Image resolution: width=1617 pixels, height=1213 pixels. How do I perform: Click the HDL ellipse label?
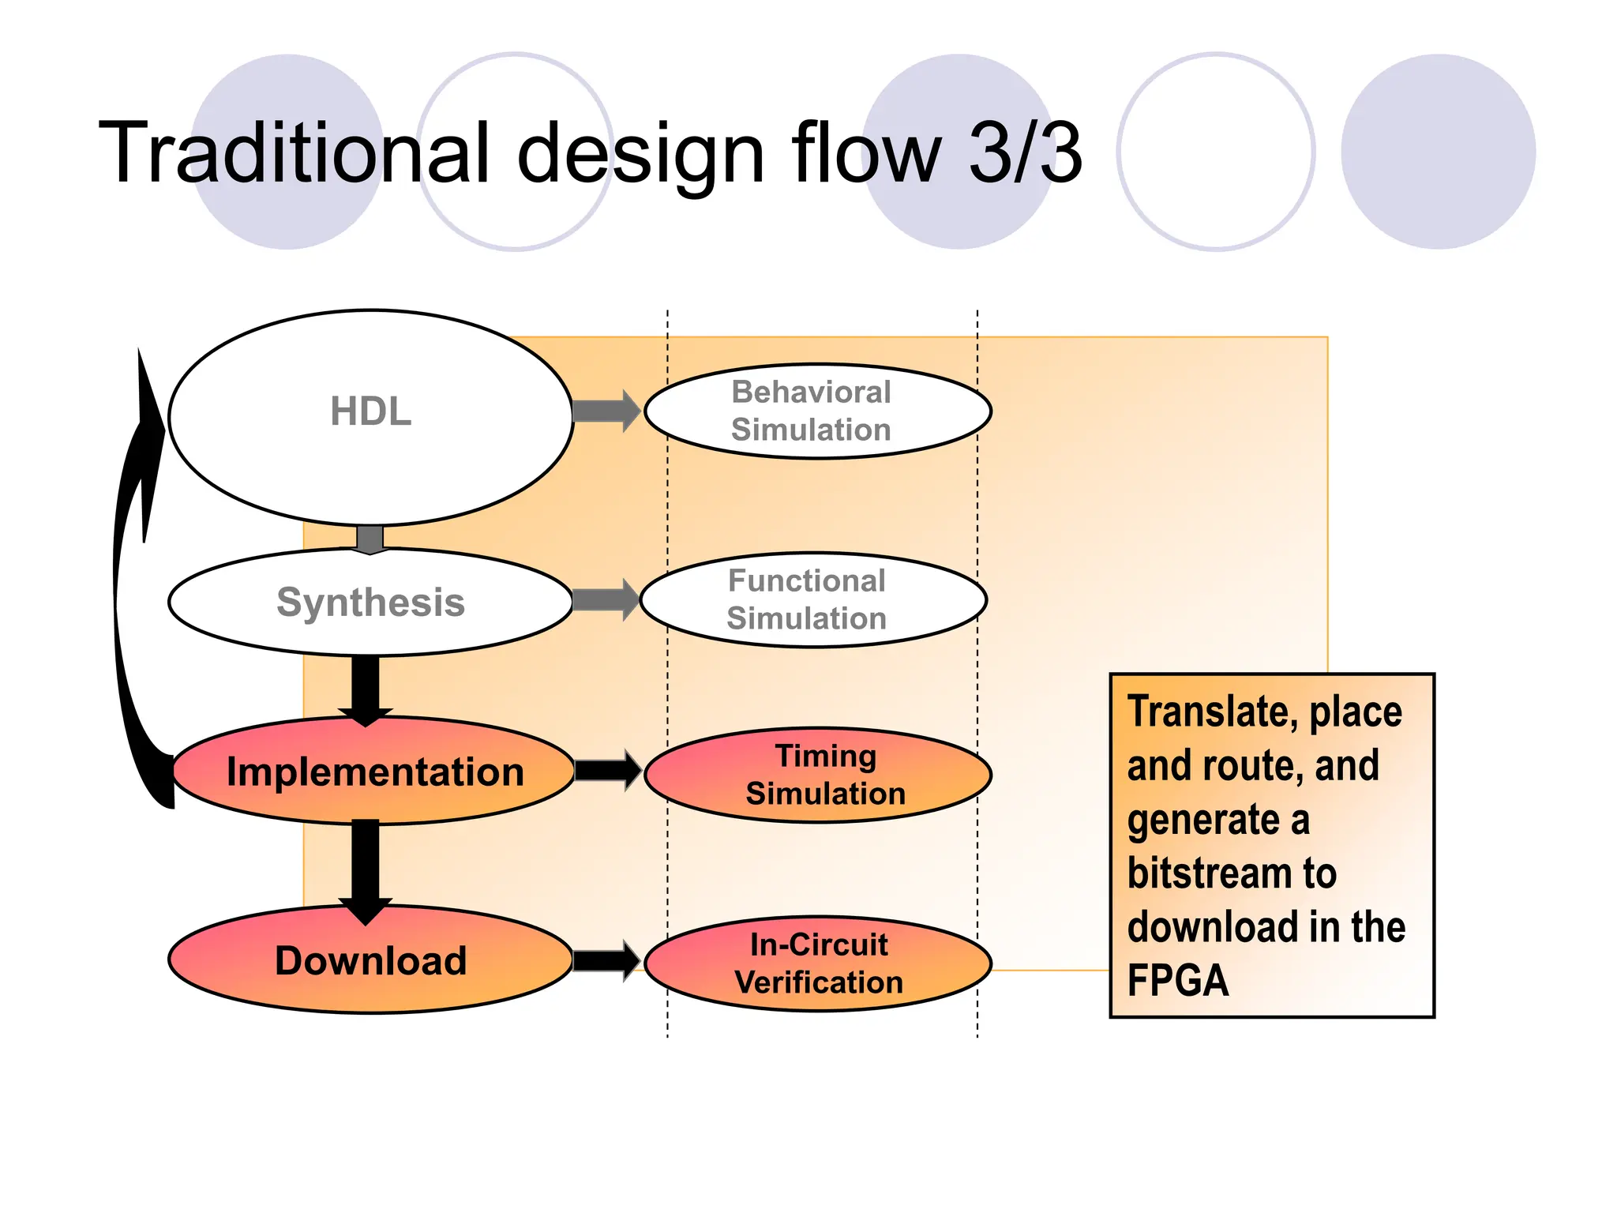370,411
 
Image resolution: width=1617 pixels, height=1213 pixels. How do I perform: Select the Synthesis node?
370,603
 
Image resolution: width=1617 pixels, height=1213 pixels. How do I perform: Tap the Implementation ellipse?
374,772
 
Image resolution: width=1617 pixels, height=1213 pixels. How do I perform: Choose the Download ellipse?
370,960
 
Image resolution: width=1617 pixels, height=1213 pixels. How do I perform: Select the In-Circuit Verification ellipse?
818,963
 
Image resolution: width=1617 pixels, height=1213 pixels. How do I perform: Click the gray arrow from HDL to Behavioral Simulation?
606,411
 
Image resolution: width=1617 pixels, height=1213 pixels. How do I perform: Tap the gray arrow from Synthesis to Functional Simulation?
605,600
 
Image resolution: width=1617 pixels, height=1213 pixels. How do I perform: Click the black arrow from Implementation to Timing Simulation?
606,771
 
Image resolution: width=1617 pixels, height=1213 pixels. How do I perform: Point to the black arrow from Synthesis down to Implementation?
366,687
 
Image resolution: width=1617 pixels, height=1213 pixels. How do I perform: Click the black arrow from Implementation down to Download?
366,869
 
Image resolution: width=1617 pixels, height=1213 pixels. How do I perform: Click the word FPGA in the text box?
1177,981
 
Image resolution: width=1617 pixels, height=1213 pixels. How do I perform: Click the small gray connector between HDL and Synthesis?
370,539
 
